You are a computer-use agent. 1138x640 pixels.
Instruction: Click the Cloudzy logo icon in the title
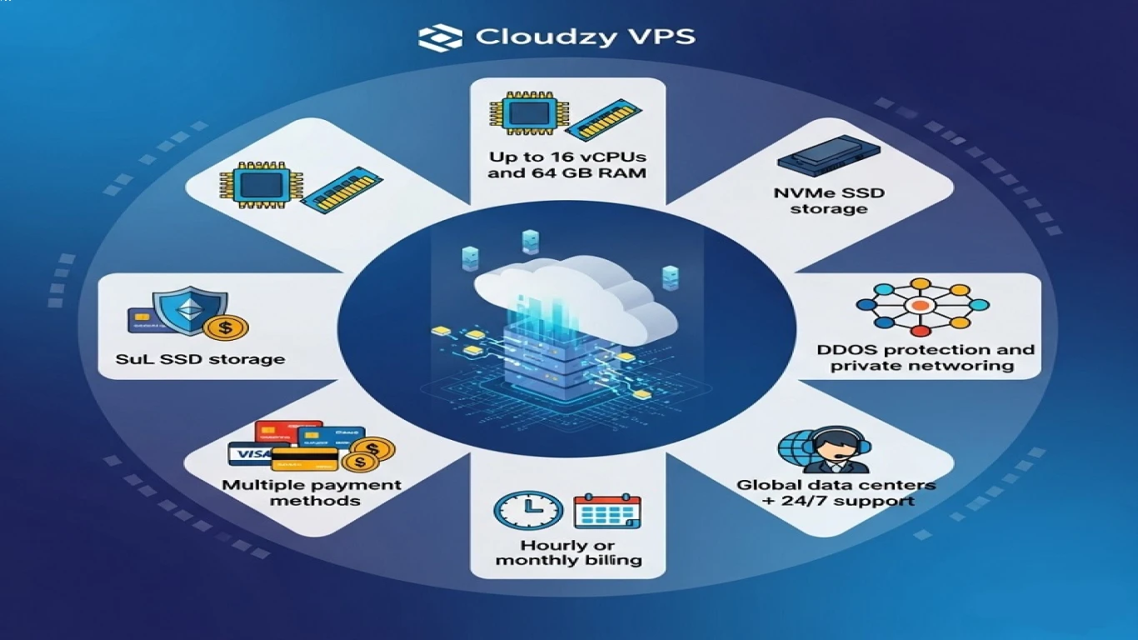440,37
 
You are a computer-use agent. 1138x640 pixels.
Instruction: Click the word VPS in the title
664,37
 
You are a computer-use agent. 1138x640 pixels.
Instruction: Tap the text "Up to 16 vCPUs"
568,157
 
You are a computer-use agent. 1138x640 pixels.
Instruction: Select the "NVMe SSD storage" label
828,201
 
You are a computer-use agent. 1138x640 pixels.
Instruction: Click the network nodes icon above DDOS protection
921,307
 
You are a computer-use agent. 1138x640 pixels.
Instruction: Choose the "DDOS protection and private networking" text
926,357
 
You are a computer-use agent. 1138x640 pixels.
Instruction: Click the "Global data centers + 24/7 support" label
836,492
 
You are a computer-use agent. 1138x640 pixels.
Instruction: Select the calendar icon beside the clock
607,511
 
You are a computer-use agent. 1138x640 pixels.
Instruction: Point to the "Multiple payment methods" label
312,492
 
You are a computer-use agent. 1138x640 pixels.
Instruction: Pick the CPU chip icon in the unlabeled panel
252,186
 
